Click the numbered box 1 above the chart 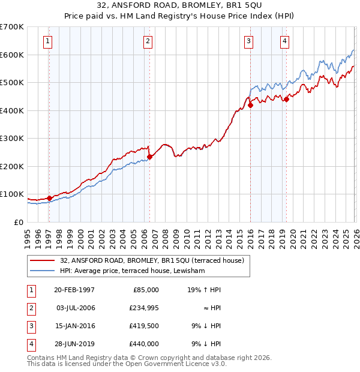pos(47,41)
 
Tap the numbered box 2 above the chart pos(148,41)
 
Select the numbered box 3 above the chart pos(248,41)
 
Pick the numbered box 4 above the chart pos(284,41)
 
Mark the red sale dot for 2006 pos(149,157)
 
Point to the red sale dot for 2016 pos(250,105)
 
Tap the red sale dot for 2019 pos(287,100)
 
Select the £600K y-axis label pos(12,55)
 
